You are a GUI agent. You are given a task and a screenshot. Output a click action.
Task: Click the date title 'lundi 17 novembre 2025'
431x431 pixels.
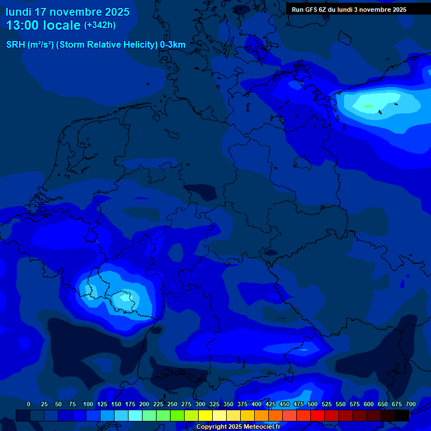coord(67,12)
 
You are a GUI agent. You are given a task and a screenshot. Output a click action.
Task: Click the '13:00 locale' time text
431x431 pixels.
coord(43,25)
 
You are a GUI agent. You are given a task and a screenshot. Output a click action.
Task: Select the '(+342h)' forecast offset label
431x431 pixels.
coord(100,25)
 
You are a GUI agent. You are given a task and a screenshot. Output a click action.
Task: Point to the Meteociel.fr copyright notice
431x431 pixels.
coord(238,427)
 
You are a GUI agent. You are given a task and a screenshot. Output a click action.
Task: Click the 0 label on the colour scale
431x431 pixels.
coord(29,404)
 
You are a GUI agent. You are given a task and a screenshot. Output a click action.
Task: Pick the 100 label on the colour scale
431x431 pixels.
coord(88,404)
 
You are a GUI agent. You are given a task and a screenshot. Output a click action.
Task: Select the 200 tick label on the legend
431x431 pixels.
coord(144,404)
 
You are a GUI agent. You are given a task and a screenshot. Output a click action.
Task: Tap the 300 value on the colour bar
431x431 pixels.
coord(200,404)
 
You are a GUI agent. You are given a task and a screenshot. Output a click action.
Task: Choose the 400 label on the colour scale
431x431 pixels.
coord(256,404)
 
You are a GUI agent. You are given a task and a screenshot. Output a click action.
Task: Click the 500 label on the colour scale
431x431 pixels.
coord(313,404)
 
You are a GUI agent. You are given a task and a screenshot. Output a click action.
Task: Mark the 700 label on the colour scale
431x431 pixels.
coord(411,404)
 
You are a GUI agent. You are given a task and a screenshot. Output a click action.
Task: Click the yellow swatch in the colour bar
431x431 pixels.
coord(205,415)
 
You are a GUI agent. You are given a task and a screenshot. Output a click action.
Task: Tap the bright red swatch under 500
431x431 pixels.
coord(318,415)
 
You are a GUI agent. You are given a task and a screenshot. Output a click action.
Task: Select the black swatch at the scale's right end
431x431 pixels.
coord(402,415)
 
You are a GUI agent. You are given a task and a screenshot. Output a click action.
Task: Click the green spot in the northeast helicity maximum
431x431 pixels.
coord(368,106)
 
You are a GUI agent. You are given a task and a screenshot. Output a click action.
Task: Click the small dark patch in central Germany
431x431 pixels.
coord(200,192)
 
